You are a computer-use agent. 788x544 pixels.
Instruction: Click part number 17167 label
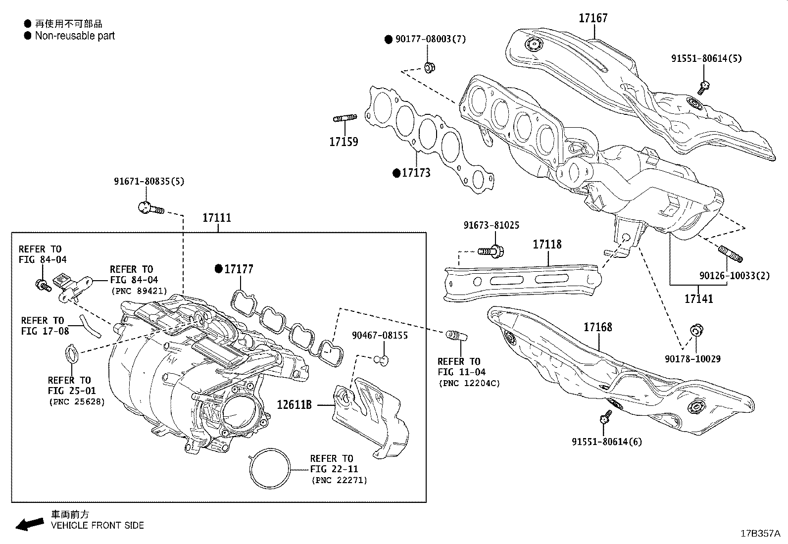593,18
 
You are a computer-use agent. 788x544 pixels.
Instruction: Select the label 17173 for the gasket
416,173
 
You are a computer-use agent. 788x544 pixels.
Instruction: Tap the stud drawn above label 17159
345,118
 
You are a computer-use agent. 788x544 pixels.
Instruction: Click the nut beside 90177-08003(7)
429,67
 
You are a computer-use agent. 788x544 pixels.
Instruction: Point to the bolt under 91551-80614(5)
704,88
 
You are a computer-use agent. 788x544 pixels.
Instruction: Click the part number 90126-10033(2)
735,275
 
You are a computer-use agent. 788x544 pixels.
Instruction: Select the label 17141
698,298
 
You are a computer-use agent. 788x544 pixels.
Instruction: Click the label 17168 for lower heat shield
597,327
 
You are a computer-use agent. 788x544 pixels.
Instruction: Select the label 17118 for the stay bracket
547,245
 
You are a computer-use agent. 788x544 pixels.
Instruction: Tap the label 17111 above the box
217,218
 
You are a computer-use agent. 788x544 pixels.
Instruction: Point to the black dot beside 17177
218,269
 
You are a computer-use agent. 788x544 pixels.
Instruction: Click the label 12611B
294,405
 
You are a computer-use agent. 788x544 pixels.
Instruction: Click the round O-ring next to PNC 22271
270,469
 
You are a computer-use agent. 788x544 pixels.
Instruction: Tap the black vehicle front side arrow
29,524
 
